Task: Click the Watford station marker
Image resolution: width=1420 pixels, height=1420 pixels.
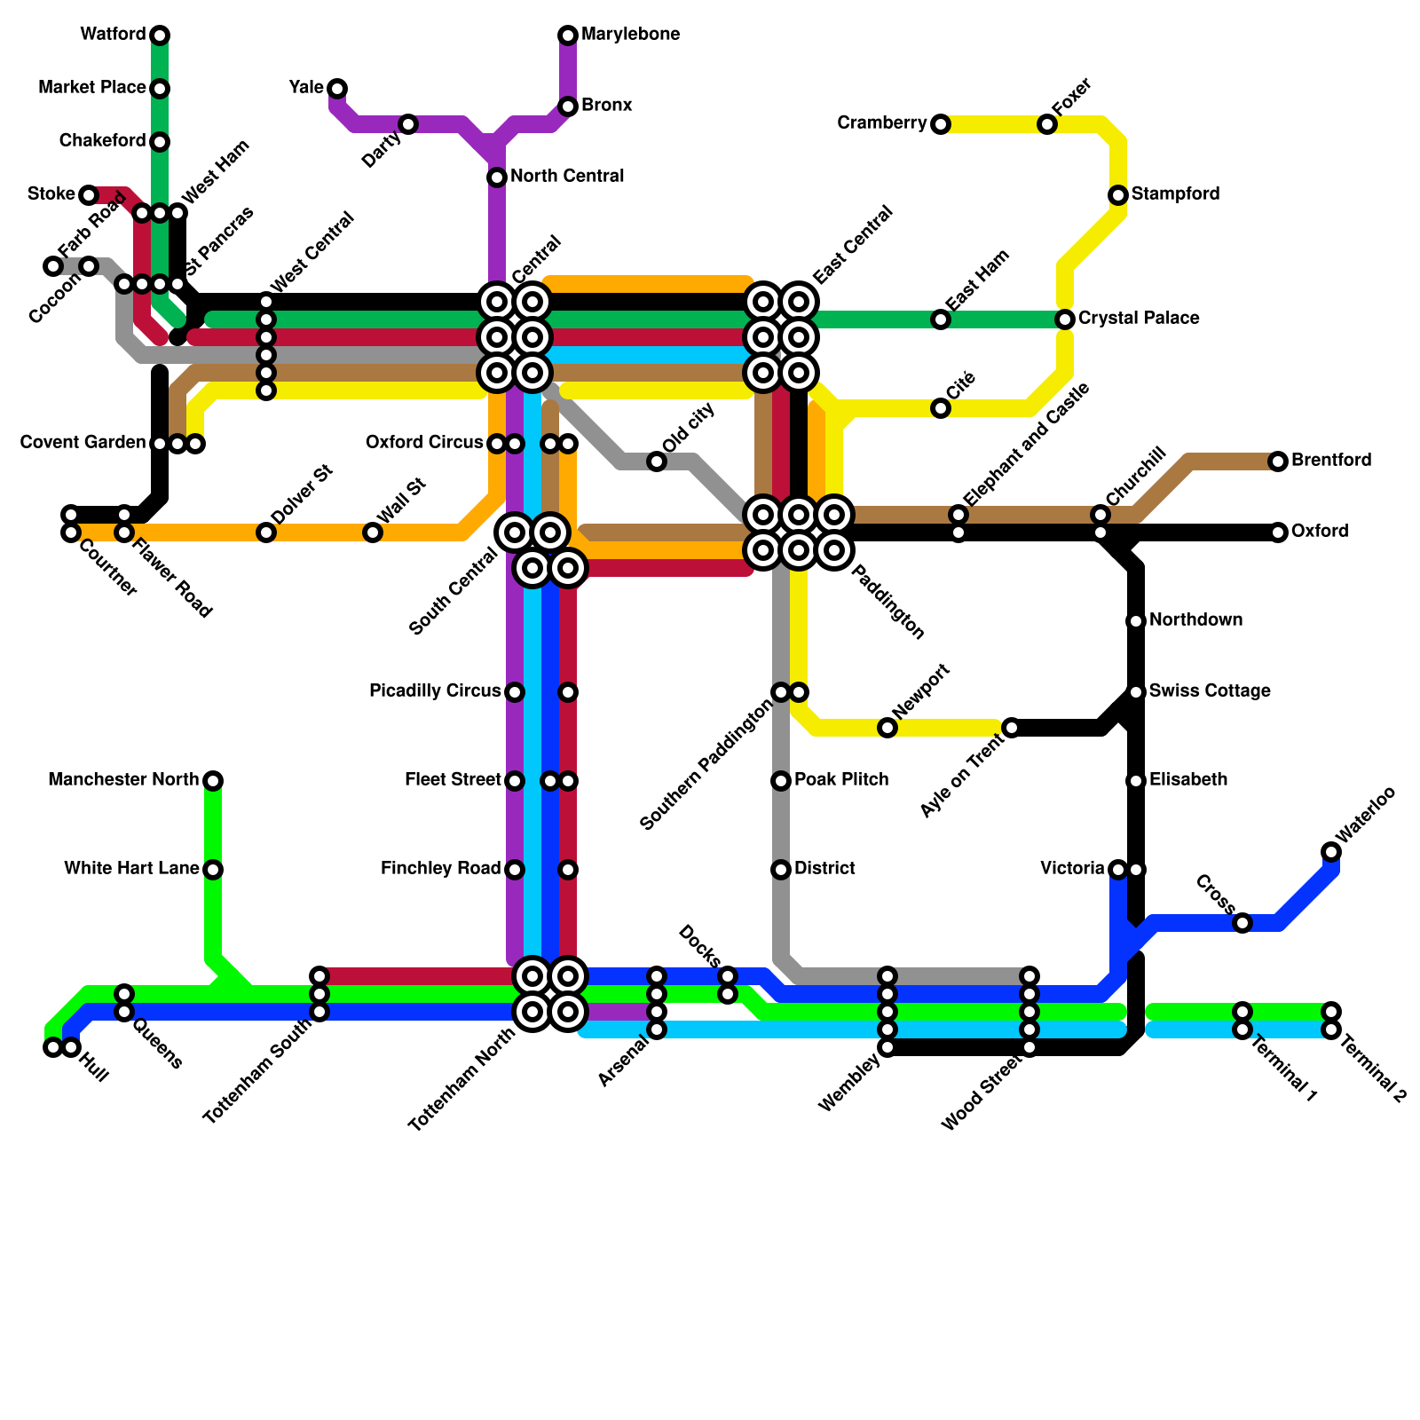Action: (160, 35)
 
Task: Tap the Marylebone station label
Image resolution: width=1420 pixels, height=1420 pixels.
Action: (630, 35)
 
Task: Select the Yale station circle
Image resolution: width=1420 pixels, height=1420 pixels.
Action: (337, 88)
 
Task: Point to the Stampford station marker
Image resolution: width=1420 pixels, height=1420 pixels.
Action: (1118, 195)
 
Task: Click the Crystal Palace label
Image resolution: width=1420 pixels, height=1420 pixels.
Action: (1139, 319)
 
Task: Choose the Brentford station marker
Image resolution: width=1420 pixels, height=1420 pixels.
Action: (1278, 461)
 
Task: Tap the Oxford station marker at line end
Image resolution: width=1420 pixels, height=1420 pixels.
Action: (1278, 532)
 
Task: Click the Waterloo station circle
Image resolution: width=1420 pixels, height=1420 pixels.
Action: (1331, 852)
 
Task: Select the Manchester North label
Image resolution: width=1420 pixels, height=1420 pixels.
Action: (123, 780)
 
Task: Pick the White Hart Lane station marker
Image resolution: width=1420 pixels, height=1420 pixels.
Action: (213, 870)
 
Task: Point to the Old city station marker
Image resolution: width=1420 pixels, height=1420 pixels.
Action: (657, 461)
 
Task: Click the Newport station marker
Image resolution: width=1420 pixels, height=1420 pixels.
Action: (887, 728)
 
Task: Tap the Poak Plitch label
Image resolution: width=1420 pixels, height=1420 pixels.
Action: (841, 780)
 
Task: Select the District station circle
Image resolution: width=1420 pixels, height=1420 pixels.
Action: (781, 870)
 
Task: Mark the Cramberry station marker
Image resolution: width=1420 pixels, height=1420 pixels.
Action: (941, 124)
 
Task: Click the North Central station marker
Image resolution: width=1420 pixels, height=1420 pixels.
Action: (497, 177)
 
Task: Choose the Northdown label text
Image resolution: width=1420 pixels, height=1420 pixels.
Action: (1195, 620)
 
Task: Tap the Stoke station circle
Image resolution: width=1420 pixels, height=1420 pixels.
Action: (89, 195)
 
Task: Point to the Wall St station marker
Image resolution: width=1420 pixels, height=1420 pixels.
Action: (373, 532)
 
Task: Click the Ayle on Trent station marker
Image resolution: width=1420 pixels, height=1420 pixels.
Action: (1011, 728)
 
